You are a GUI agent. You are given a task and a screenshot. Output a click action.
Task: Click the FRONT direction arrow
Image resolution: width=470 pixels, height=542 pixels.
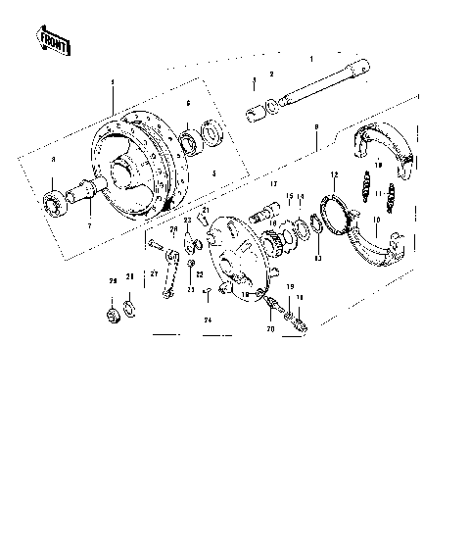click(52, 41)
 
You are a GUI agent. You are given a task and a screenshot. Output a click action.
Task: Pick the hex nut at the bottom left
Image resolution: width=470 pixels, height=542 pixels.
click(113, 315)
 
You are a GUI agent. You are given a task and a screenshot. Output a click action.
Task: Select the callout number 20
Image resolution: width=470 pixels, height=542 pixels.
click(270, 330)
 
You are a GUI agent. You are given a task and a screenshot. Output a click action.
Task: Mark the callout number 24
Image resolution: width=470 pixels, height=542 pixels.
click(208, 320)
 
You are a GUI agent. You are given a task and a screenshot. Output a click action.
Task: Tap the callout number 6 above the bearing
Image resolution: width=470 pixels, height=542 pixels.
click(188, 102)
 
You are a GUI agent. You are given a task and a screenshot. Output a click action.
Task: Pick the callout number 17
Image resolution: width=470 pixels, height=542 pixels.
click(275, 183)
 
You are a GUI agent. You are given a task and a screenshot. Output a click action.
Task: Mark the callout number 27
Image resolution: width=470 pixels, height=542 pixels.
click(154, 274)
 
